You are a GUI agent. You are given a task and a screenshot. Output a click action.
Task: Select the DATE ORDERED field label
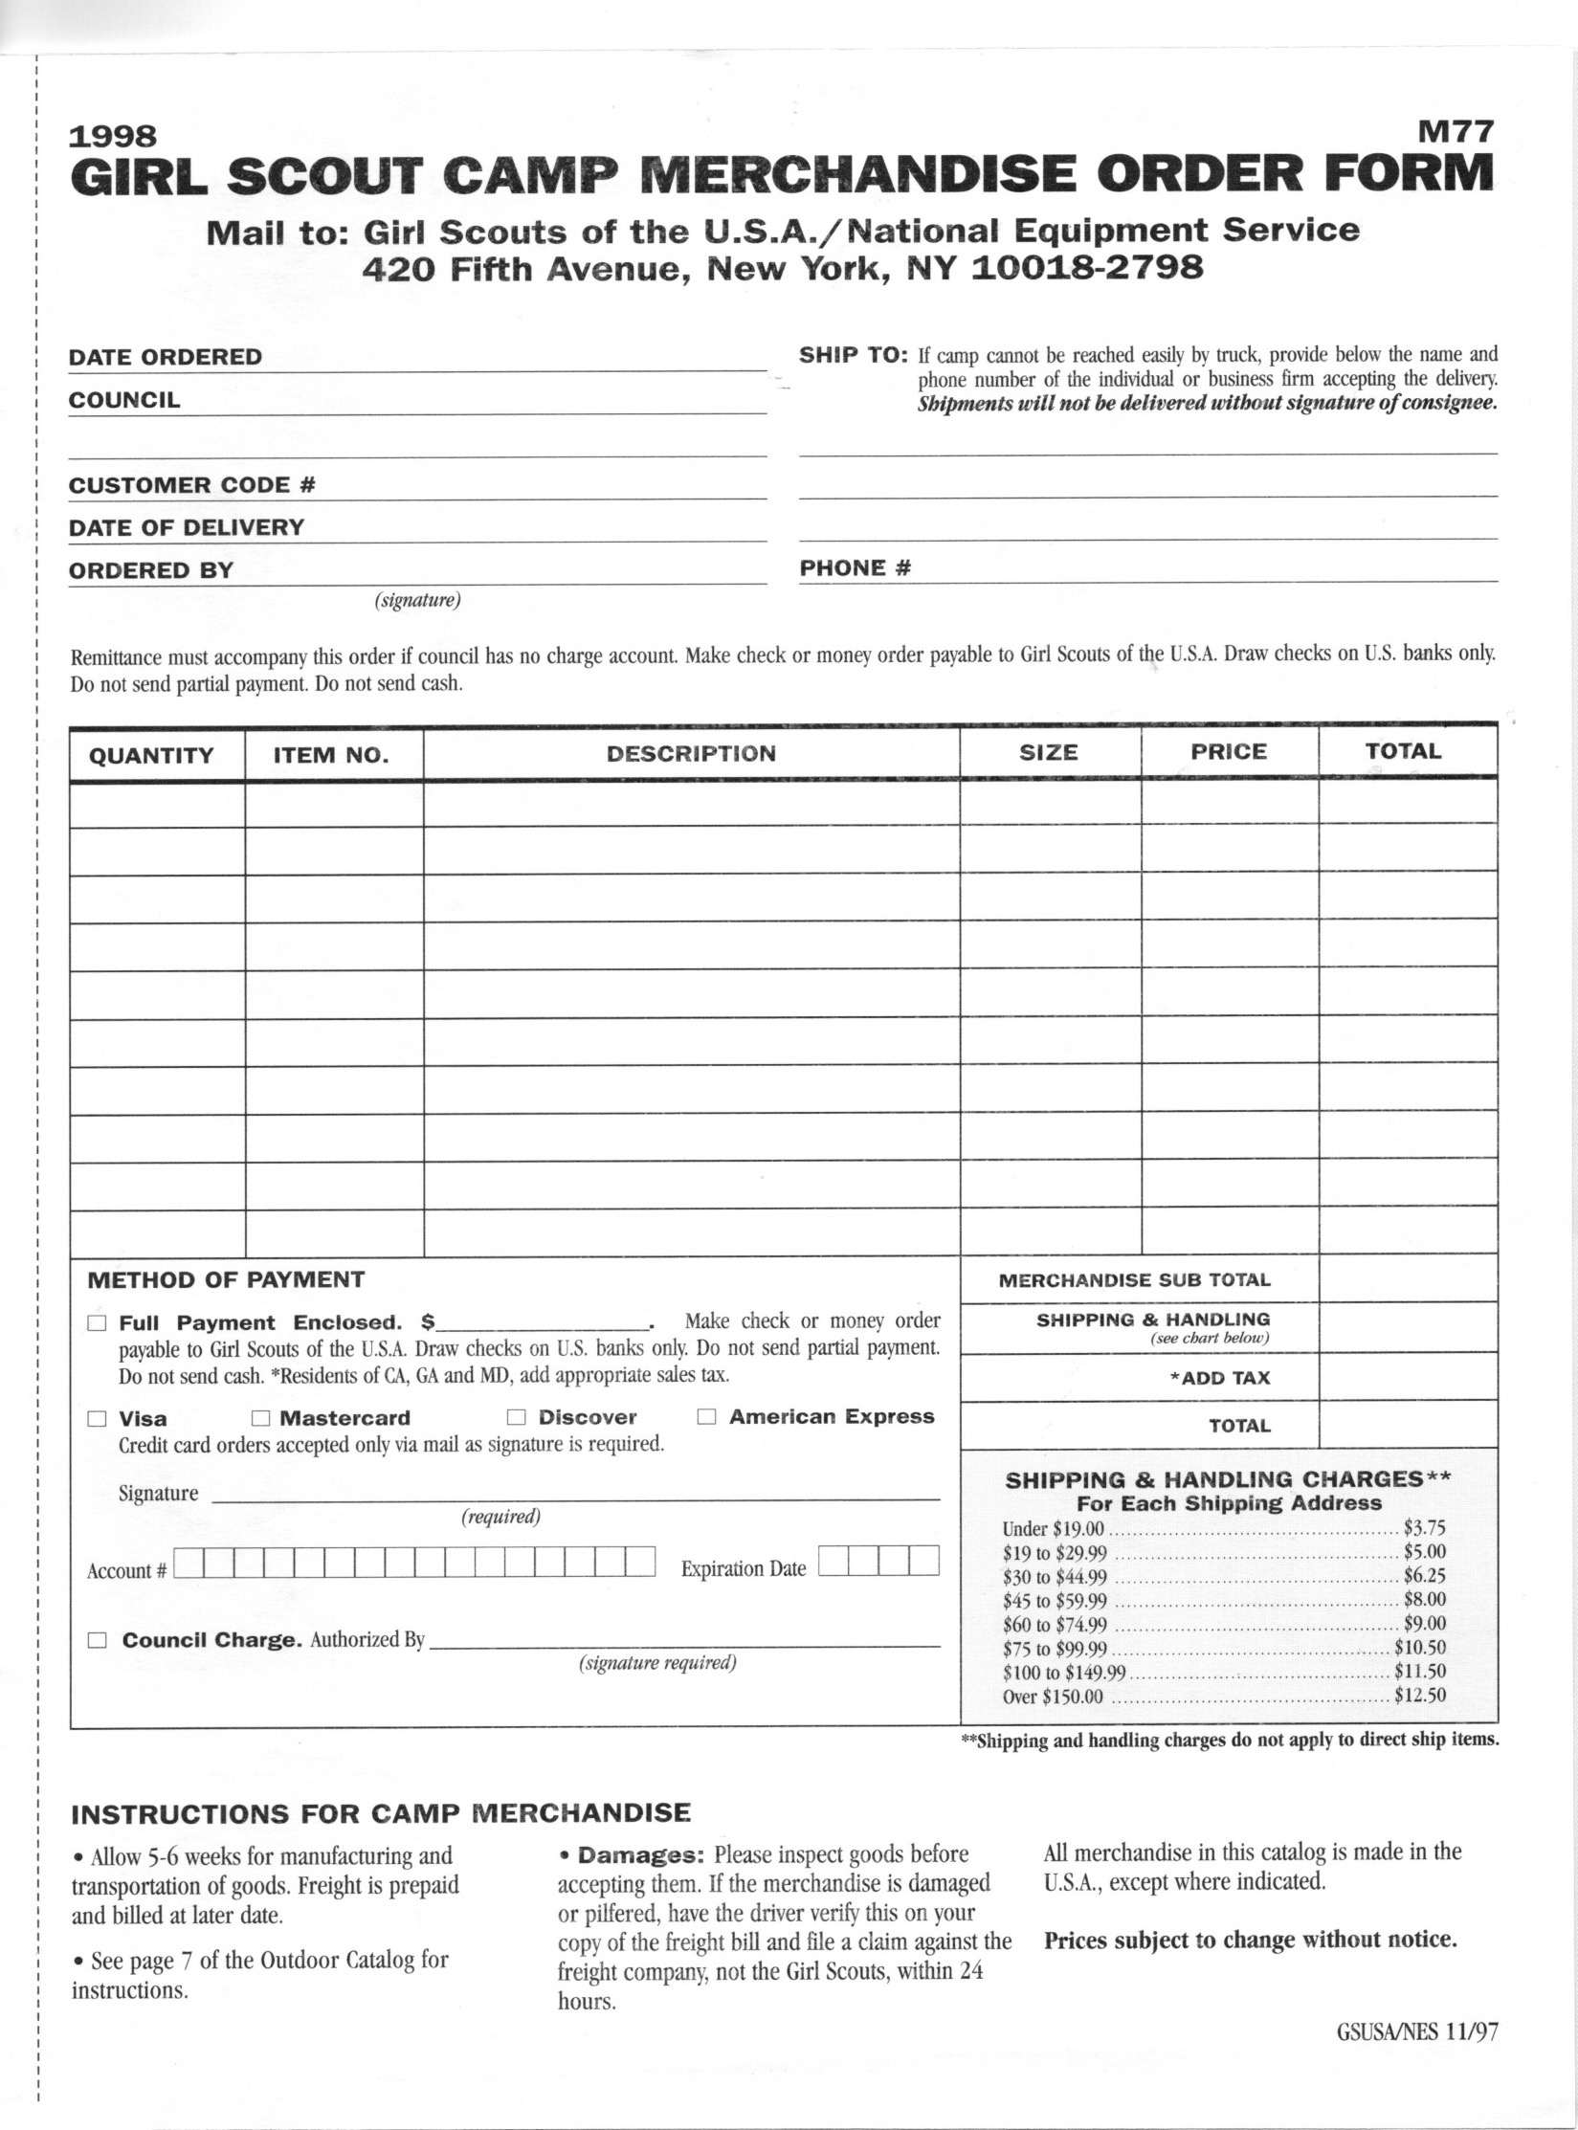[165, 357]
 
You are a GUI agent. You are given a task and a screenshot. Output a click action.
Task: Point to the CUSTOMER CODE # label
[191, 485]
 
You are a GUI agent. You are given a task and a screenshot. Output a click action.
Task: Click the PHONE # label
[855, 568]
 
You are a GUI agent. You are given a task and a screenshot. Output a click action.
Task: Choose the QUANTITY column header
[151, 756]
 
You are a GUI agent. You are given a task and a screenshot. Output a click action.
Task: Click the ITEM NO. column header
[331, 756]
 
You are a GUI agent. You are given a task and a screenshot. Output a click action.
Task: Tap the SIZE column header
[1049, 753]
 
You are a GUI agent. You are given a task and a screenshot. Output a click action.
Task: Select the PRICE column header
[1228, 752]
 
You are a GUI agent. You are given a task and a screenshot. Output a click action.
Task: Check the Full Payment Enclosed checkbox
[97, 1324]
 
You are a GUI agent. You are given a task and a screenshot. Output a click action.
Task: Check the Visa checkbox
[97, 1419]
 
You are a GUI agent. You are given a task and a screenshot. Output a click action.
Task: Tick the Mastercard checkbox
[260, 1418]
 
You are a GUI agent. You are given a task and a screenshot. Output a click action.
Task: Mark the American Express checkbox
[707, 1417]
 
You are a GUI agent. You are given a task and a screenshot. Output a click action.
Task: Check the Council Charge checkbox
[97, 1640]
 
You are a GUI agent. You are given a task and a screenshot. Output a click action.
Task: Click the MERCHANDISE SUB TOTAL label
[1134, 1280]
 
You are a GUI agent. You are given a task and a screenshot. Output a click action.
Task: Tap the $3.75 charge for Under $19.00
[1424, 1529]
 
